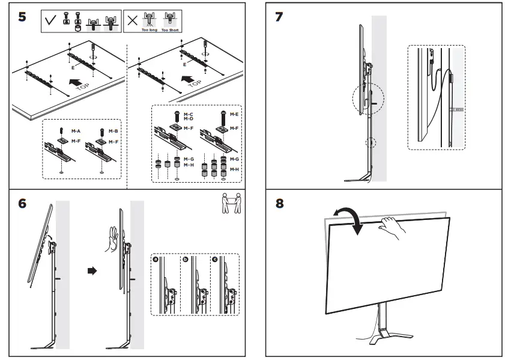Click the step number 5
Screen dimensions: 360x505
coord(22,16)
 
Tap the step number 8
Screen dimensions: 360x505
coord(279,203)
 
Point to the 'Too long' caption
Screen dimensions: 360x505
coord(148,29)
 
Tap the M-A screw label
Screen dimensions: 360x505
coord(76,130)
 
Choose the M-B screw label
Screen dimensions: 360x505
coord(113,130)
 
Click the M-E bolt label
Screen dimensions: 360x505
coord(233,113)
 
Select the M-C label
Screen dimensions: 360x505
coord(189,114)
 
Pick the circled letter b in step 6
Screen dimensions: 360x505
coord(186,260)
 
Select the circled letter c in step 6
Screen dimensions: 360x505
coord(214,260)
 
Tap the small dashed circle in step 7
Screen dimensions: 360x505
coord(372,143)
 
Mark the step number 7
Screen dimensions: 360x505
coord(279,16)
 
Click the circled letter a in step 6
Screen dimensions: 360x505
coord(156,260)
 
